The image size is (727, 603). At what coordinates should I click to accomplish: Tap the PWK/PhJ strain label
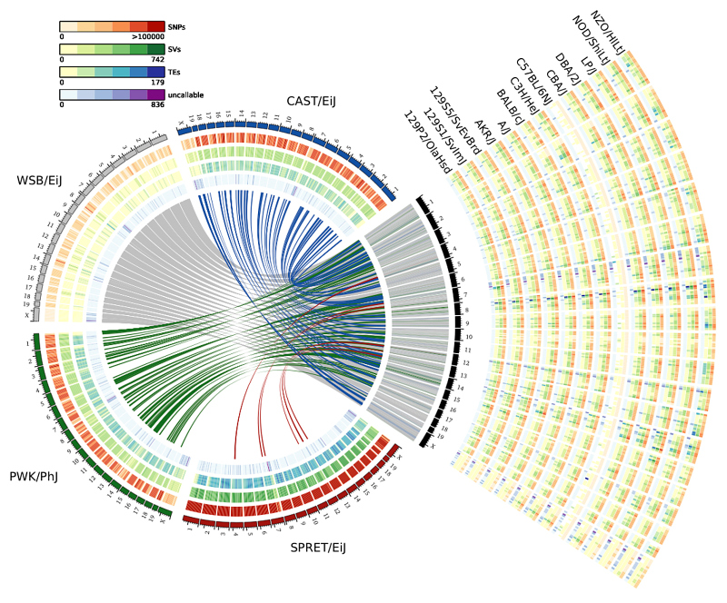[35, 476]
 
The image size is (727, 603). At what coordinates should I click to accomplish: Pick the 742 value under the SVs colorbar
[156, 59]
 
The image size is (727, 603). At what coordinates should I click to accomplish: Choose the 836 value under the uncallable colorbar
[156, 104]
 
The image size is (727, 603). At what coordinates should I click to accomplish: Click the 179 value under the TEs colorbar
[156, 82]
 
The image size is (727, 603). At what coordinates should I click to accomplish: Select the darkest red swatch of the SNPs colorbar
[156, 25]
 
